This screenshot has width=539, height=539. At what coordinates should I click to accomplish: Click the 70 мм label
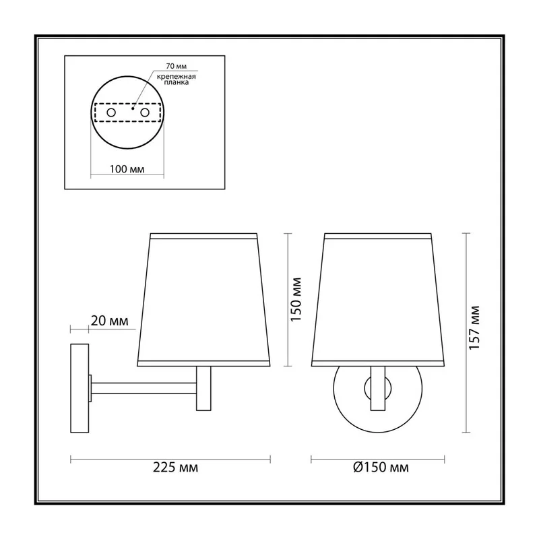[176, 66]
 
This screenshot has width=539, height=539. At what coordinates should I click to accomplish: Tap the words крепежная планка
[176, 80]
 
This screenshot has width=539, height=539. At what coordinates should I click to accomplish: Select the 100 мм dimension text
[127, 169]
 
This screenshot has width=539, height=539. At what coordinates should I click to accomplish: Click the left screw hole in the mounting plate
[111, 113]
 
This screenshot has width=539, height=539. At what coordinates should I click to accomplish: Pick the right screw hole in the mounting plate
[145, 113]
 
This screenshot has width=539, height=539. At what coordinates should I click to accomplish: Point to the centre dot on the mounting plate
[132, 108]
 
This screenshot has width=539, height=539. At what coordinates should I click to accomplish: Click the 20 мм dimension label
[109, 321]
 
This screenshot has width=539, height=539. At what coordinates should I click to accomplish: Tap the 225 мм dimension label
[175, 468]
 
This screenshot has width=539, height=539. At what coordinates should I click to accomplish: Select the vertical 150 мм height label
[296, 299]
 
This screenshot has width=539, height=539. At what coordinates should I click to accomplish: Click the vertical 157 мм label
[474, 327]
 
